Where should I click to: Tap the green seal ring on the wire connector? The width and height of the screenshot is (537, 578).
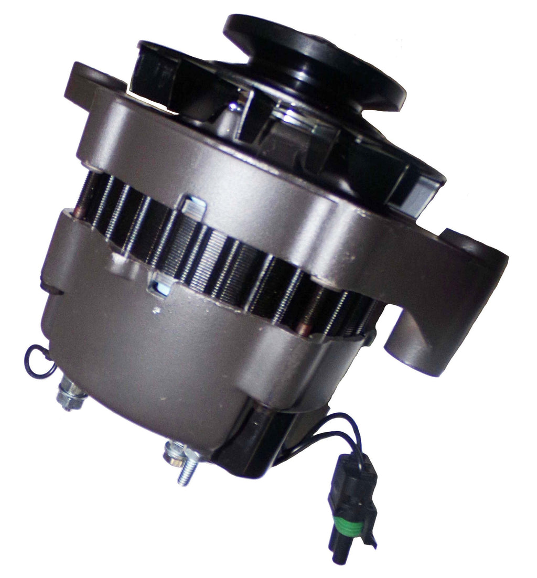point(350,512)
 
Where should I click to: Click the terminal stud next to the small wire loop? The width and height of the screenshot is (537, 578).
point(70,391)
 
